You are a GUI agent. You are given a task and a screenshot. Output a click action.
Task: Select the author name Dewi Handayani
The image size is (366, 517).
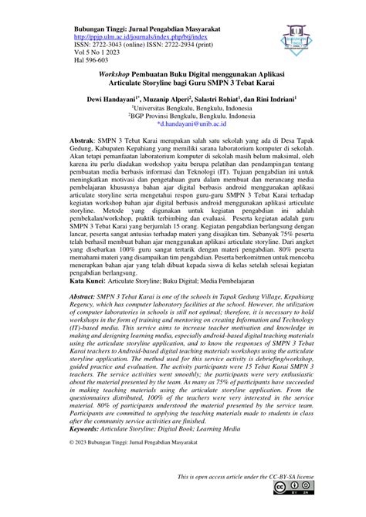pos(120,100)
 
